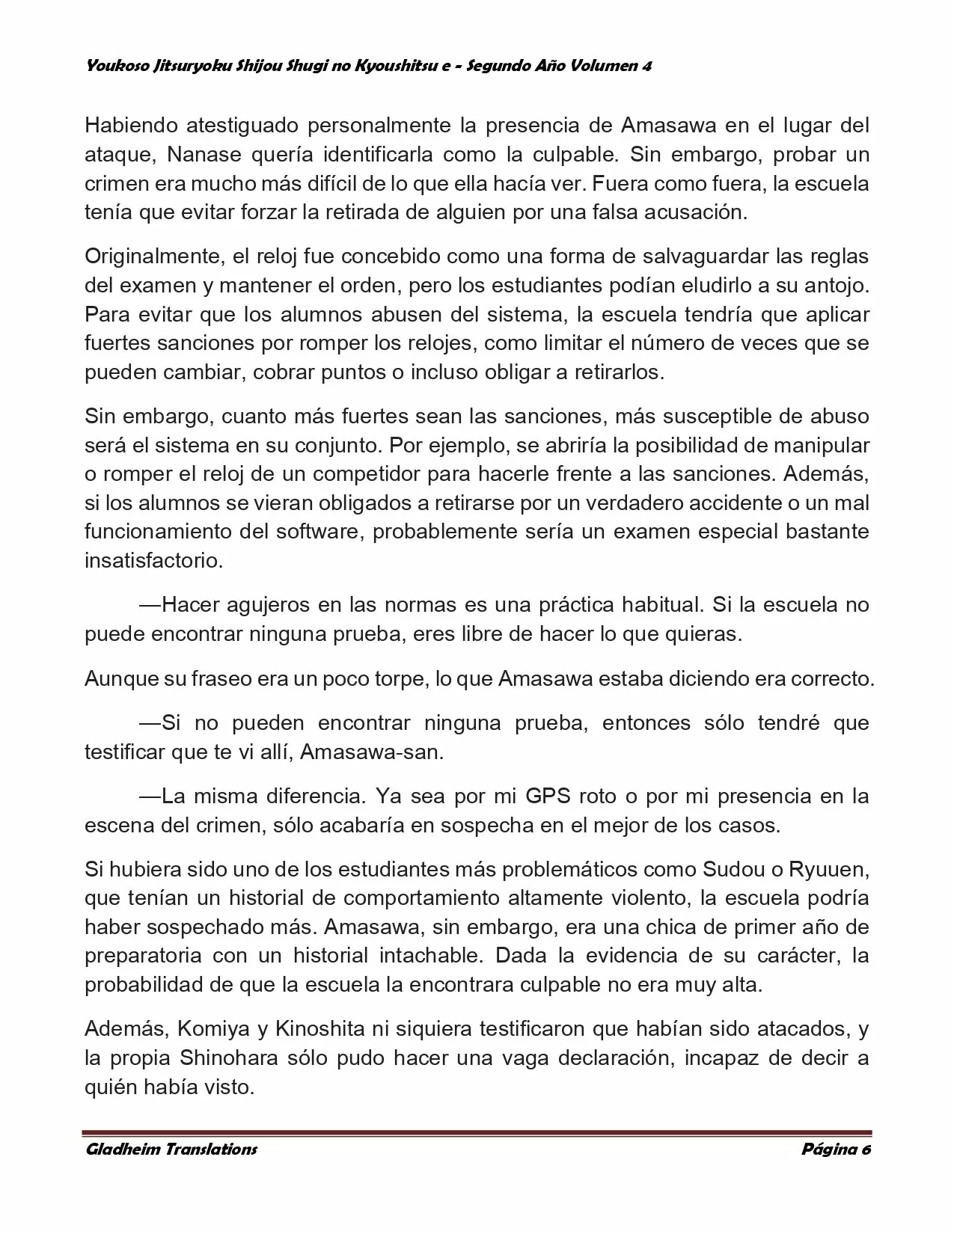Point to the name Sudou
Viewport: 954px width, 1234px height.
tap(733, 870)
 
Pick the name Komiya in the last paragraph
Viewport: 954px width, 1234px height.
tap(213, 1029)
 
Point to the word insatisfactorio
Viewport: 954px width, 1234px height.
tap(153, 561)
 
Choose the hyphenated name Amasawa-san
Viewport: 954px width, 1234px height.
tap(371, 752)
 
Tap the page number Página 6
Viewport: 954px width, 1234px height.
tap(836, 1149)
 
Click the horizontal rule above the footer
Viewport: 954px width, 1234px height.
tap(477, 1132)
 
